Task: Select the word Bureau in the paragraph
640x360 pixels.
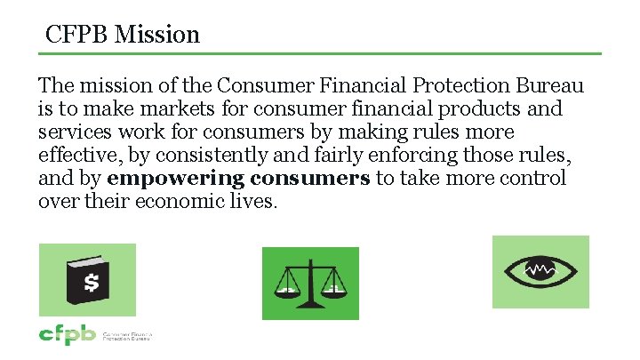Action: tap(548, 86)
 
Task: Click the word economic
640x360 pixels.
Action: tap(166, 202)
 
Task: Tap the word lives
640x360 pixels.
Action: tap(252, 202)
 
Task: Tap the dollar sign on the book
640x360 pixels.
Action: tap(91, 283)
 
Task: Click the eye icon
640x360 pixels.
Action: tap(540, 271)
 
